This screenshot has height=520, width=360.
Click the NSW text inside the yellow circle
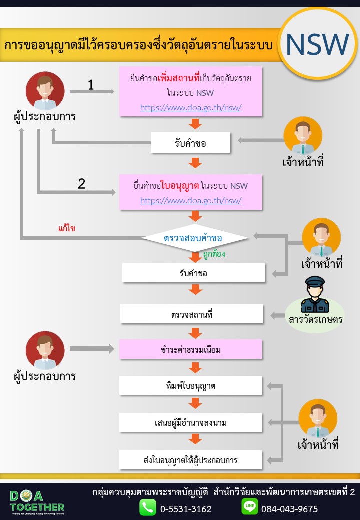317,44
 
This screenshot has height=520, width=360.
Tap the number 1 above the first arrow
91,85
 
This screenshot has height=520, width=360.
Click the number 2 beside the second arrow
81,183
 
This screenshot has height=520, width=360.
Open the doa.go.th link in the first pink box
191,107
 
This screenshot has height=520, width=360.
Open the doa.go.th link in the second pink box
191,200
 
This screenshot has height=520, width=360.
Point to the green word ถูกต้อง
214,254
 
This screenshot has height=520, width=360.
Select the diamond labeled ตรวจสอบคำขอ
195,238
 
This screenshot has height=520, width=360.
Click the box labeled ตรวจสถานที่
191,314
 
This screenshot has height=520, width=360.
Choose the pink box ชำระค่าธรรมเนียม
190,349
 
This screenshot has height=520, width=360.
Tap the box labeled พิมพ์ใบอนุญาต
190,385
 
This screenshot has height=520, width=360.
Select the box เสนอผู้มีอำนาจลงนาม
190,423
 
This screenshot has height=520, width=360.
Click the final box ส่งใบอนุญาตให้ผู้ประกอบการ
190,460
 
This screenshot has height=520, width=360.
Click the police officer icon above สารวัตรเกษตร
315,295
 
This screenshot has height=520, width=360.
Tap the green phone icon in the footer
147,507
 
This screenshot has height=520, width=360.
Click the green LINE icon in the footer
250,506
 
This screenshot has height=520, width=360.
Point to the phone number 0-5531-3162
186,509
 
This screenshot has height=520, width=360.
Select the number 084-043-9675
289,509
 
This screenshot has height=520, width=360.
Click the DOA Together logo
37,502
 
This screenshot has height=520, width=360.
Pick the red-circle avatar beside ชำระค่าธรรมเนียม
45,350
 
